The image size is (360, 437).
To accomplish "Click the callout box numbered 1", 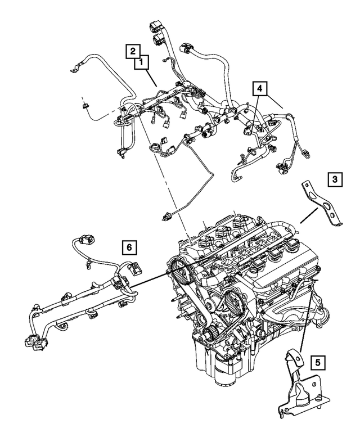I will pos(141,62).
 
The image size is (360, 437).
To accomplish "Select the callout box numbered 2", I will pos(132,51).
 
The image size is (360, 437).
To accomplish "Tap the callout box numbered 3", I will pos(334,180).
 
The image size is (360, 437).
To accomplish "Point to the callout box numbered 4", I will pos(258,88).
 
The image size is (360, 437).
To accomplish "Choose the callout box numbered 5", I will pos(317,363).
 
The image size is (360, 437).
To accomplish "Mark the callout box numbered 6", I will pos(128,246).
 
